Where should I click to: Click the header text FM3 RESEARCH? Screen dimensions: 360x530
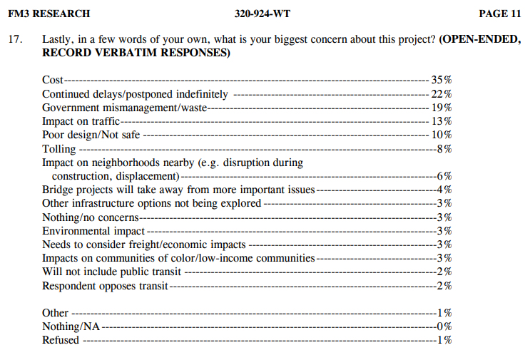click(x=49, y=14)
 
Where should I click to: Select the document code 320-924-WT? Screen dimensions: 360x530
click(x=262, y=14)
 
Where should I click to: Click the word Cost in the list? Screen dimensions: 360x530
click(x=53, y=80)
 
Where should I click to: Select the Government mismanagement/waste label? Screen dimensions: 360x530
click(x=124, y=108)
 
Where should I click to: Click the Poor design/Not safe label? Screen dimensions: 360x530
click(x=92, y=135)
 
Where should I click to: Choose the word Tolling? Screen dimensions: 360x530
click(x=59, y=148)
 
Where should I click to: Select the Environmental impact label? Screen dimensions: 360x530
click(x=93, y=231)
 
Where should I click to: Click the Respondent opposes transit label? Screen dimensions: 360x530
click(x=106, y=286)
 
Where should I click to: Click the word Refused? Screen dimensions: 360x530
click(x=61, y=340)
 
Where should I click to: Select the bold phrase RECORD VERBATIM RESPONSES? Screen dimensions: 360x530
click(x=136, y=53)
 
